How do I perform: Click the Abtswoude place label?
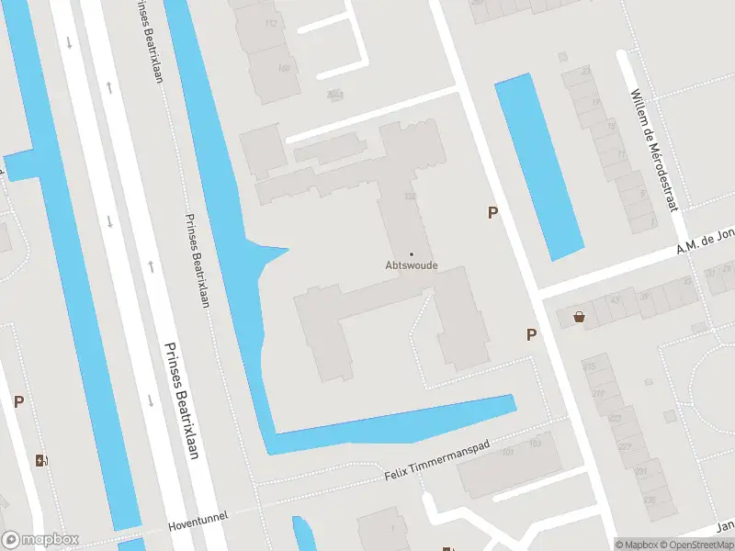[x=411, y=266]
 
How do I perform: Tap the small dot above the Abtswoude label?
[x=411, y=253]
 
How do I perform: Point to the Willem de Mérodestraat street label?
[x=655, y=150]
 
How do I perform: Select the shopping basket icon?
[x=580, y=317]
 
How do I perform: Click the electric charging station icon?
[x=40, y=460]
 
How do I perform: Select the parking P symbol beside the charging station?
[x=18, y=401]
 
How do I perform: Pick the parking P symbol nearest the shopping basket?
[x=531, y=334]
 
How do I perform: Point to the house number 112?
[x=271, y=24]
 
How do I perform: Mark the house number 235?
[x=648, y=500]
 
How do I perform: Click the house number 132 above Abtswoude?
[x=410, y=197]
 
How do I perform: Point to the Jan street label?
[x=723, y=526]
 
